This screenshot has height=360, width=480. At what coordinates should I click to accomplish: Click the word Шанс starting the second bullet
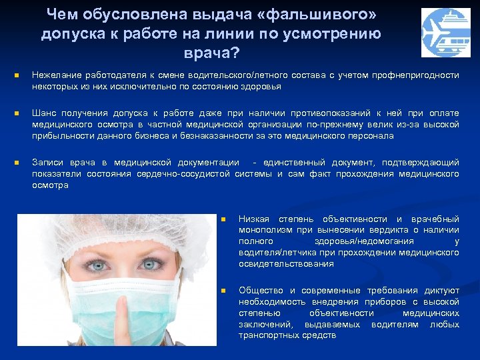point(43,113)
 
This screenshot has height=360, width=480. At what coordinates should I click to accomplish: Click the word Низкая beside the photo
point(254,219)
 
